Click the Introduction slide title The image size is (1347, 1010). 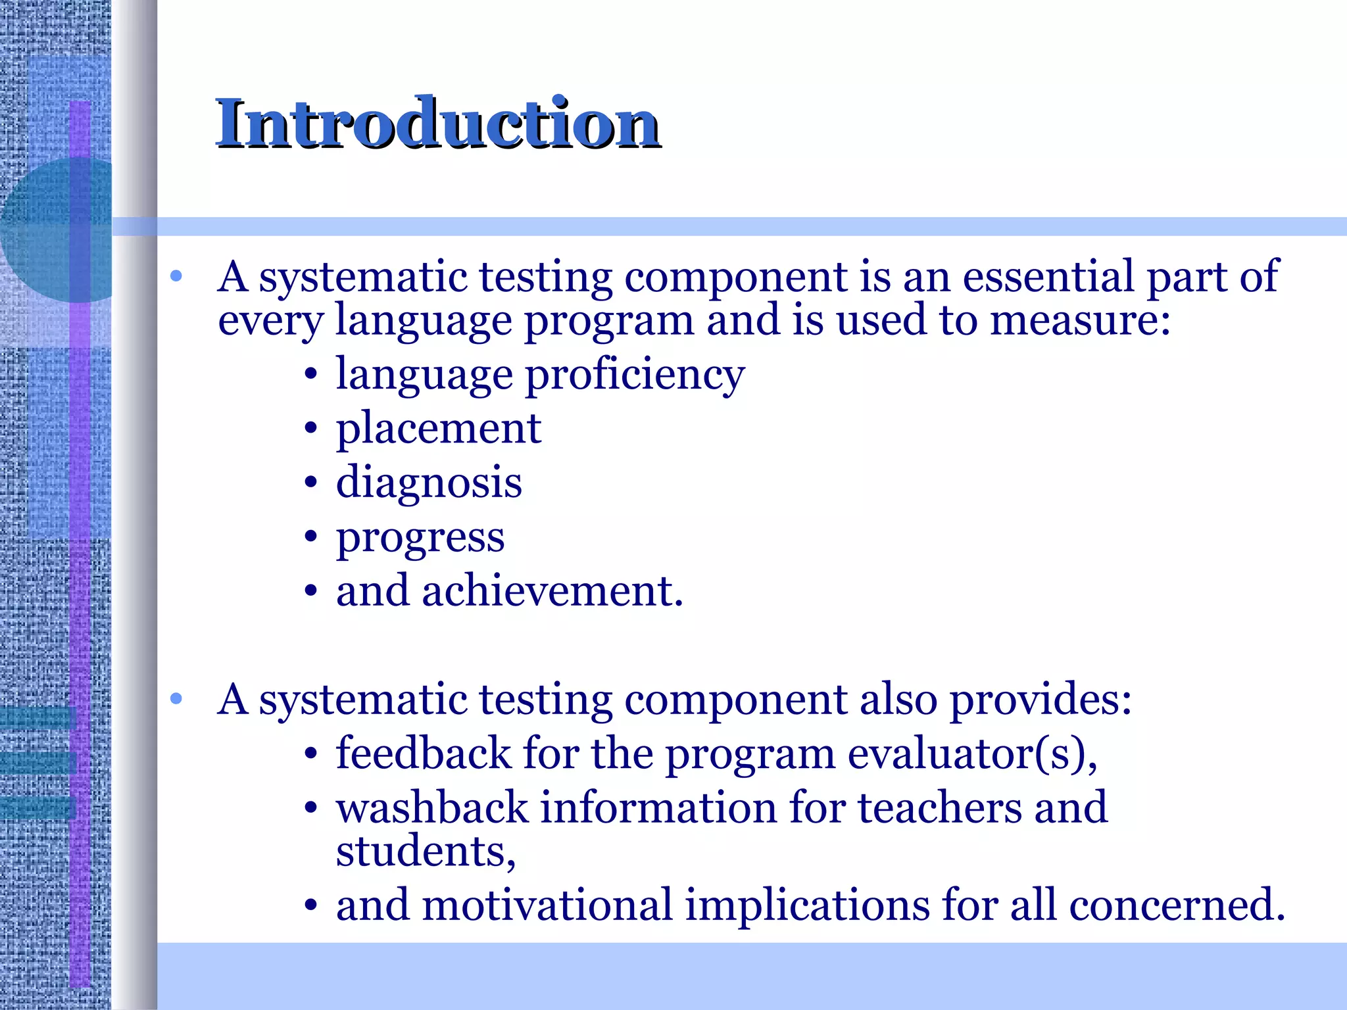437,124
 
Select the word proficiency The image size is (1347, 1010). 635,375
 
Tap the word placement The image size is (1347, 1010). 439,429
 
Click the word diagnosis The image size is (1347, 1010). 429,483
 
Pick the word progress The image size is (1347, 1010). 420,538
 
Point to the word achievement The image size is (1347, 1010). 552,590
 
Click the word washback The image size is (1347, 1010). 432,807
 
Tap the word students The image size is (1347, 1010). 424,851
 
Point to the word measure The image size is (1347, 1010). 1079,321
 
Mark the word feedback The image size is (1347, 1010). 424,754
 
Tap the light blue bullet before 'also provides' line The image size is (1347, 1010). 176,699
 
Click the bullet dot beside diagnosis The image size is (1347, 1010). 311,484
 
